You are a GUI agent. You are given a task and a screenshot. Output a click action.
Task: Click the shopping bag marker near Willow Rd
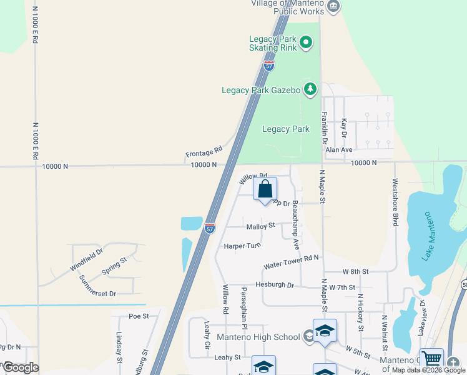(x=265, y=189)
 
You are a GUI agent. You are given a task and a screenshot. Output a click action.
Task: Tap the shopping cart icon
(x=431, y=360)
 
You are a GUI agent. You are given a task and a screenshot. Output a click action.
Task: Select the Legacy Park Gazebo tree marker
(x=310, y=90)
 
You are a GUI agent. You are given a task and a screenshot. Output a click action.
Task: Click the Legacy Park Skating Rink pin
(x=306, y=43)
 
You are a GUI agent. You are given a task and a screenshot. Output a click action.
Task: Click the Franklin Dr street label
(x=325, y=128)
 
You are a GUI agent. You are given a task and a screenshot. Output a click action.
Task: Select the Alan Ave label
(x=339, y=150)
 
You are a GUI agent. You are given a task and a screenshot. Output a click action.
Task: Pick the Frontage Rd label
(x=204, y=152)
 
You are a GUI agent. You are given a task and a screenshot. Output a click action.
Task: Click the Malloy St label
(x=260, y=226)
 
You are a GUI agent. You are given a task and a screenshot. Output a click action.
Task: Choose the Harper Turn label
(x=242, y=246)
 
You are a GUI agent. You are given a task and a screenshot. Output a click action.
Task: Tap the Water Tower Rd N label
(x=291, y=261)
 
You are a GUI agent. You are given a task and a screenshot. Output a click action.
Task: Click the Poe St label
(x=139, y=316)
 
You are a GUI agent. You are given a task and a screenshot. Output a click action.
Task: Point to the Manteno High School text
(x=258, y=337)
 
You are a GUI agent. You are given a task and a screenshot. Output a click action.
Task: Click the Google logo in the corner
(x=20, y=367)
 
